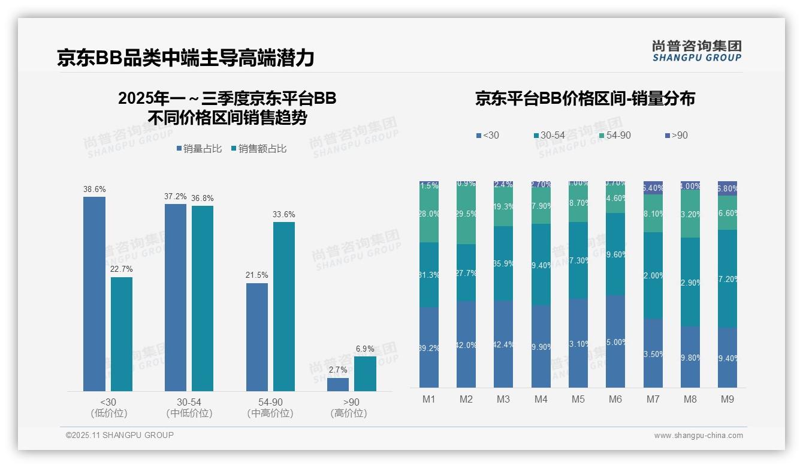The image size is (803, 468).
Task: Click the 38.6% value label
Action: (94, 189)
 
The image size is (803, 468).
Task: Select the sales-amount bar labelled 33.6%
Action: (284, 306)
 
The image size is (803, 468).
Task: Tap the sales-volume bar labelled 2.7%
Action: (338, 385)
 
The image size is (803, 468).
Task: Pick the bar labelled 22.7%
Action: (122, 334)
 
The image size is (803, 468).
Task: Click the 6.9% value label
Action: (365, 349)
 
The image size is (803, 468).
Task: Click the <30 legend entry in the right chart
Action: (487, 135)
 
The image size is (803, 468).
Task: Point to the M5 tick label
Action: (578, 399)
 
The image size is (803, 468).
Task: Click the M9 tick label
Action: (727, 399)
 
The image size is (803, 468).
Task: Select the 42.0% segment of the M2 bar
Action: (466, 344)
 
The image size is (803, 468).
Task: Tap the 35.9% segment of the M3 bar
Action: (503, 263)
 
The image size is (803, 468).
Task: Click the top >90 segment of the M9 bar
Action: (727, 188)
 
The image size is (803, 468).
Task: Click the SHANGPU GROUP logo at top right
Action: (696, 51)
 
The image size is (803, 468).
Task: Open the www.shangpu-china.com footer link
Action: (698, 436)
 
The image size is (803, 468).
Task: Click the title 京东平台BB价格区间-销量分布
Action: (585, 98)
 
